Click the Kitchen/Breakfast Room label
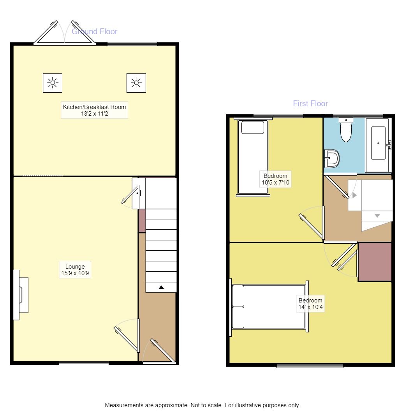click(94, 110)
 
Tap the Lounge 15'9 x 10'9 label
click(75, 270)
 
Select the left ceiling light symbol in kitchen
click(53, 83)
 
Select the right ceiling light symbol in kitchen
click(136, 83)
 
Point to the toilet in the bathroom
click(346, 131)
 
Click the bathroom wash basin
click(332, 158)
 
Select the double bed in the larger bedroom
click(269, 307)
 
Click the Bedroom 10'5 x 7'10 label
click(275, 179)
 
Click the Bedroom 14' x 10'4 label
click(310, 304)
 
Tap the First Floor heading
click(310, 104)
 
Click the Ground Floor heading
click(95, 32)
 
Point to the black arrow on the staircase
click(161, 287)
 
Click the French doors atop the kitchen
click(64, 33)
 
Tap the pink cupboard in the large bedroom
click(375, 261)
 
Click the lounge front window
click(84, 363)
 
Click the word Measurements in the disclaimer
click(124, 405)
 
